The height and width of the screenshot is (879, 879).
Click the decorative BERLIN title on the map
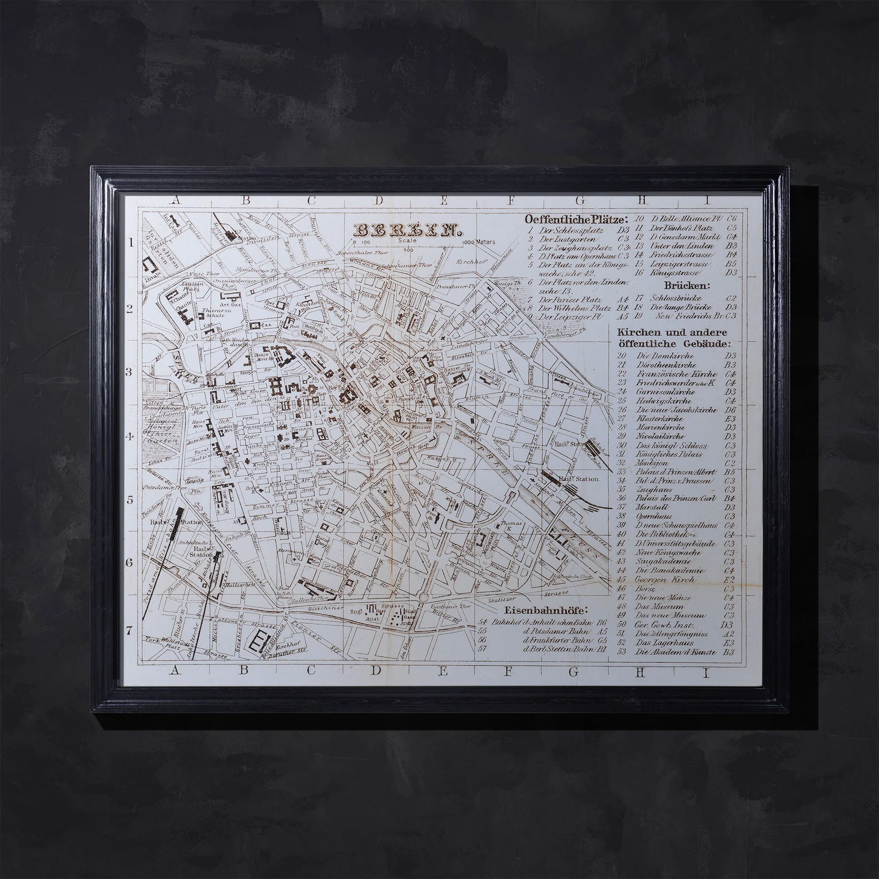click(x=406, y=230)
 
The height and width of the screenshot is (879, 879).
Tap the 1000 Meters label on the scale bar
click(x=478, y=243)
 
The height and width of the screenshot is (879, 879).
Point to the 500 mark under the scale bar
click(x=408, y=250)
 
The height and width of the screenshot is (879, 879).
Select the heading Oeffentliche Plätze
click(x=577, y=219)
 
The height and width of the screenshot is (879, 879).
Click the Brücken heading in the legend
click(x=681, y=286)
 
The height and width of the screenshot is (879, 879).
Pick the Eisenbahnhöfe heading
click(x=546, y=610)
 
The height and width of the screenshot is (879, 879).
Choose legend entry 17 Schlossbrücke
click(x=672, y=298)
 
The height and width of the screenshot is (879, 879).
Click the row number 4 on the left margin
click(x=129, y=437)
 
